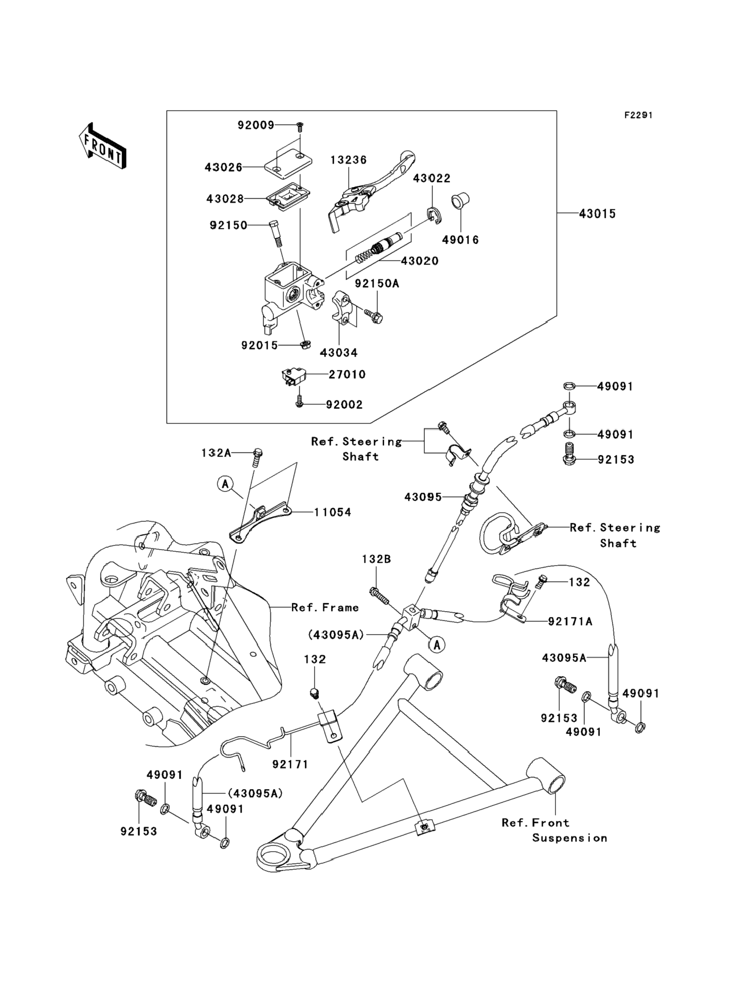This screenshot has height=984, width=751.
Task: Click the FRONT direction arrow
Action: click(102, 146)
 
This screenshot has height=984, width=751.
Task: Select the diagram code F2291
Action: click(638, 115)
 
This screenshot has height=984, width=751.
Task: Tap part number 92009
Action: click(256, 125)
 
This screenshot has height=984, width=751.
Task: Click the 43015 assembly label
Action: click(597, 214)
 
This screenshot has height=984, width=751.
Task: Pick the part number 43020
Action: click(419, 261)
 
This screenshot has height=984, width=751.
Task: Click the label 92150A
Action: click(377, 284)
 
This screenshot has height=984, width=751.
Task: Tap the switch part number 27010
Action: click(347, 375)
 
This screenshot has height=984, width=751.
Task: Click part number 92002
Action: click(344, 405)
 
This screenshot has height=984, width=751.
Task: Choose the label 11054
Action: click(332, 512)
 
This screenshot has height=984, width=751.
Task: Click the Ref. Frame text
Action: click(325, 607)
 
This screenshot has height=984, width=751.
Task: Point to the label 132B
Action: click(376, 559)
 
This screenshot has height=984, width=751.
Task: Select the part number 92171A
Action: click(570, 621)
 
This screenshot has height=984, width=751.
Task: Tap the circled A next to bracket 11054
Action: click(226, 484)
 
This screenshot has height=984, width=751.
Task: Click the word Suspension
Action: click(569, 838)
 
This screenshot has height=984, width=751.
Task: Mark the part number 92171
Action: click(290, 764)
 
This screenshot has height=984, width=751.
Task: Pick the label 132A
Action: click(216, 453)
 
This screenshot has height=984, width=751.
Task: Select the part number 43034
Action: click(339, 353)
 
